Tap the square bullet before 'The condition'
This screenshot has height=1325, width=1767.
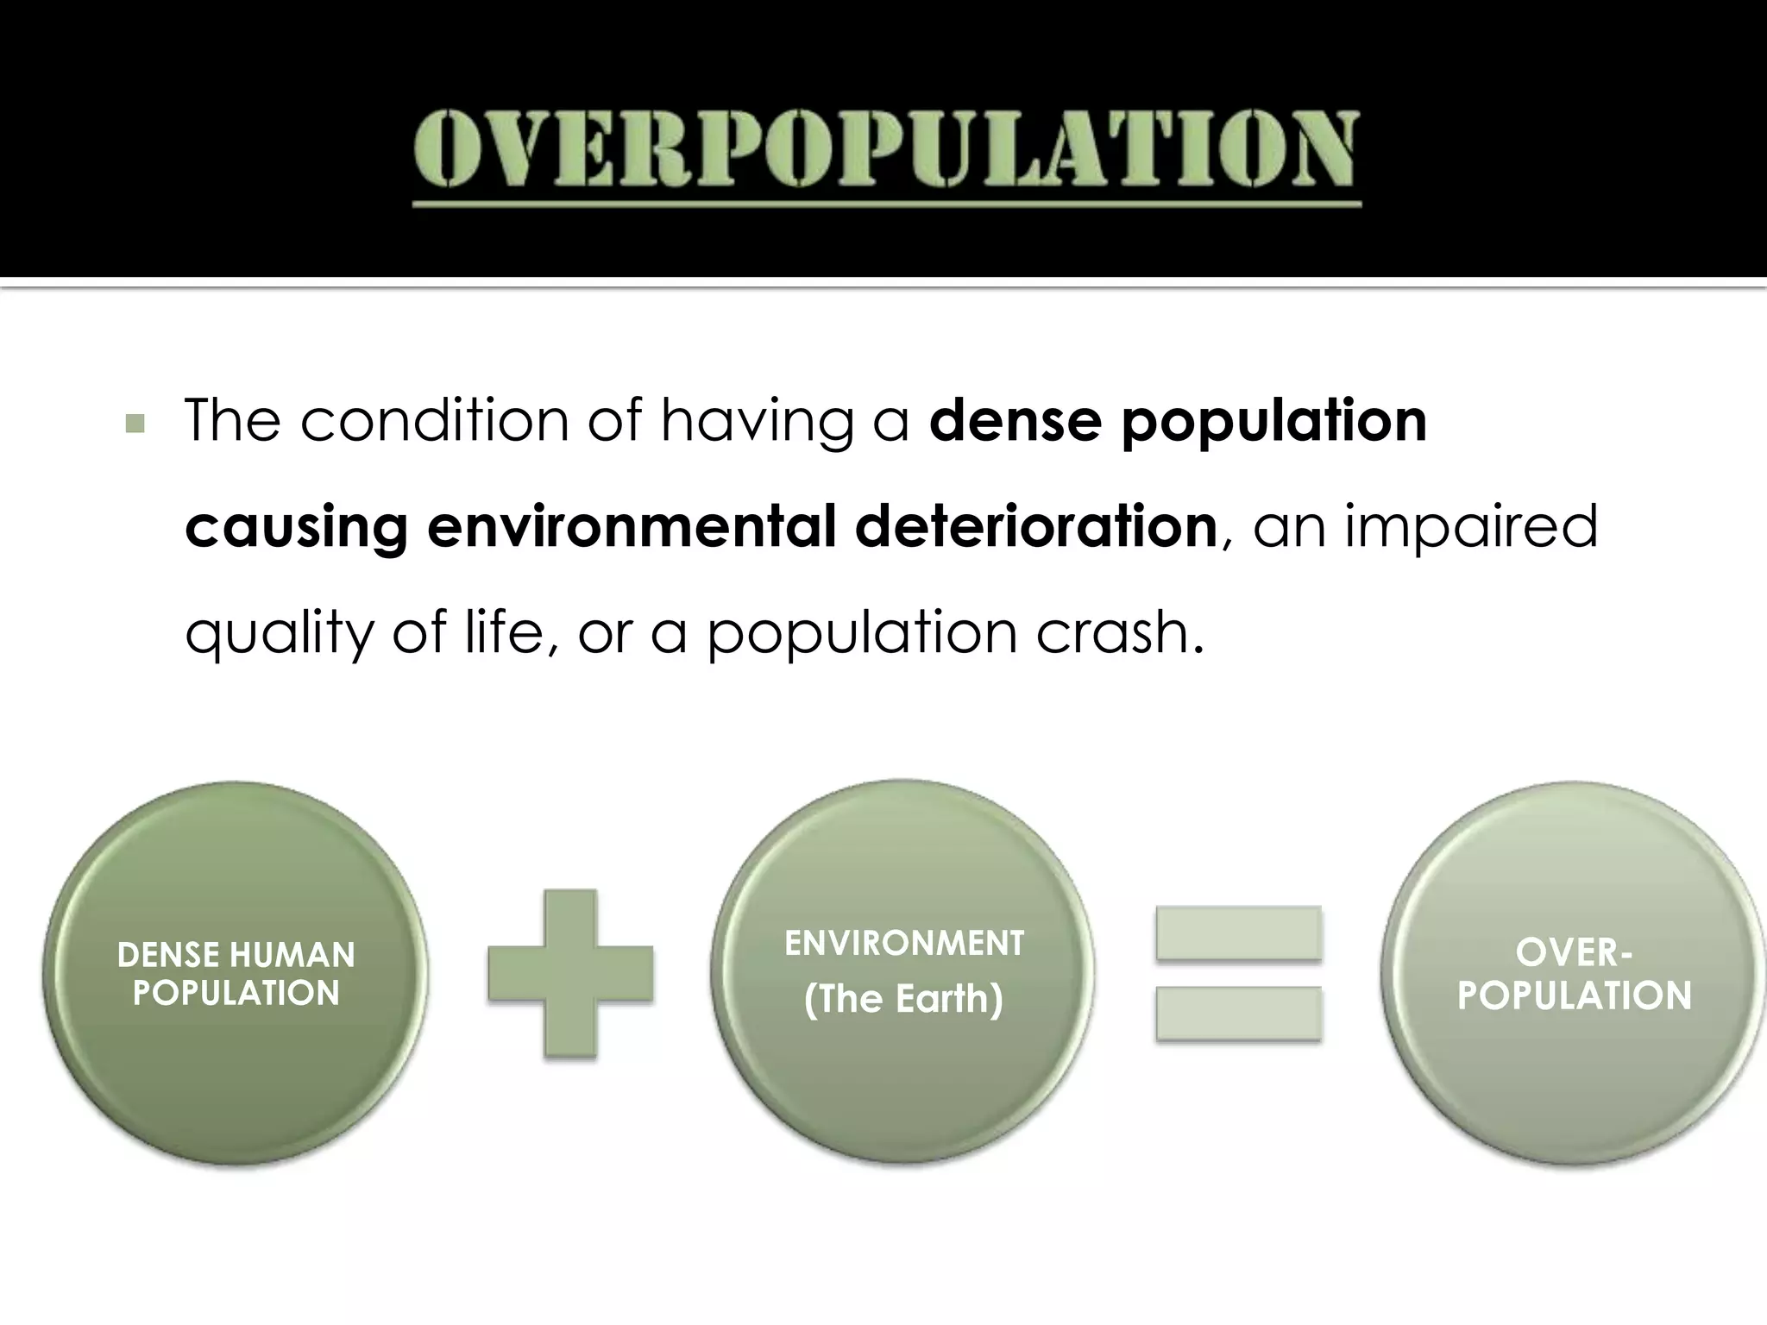tap(135, 424)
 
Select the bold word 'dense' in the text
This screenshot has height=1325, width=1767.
tap(1015, 421)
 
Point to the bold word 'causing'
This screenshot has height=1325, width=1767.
tap(296, 528)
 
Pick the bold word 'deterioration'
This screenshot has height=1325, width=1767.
tap(1035, 527)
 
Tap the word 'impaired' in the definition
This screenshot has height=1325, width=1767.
tap(1470, 528)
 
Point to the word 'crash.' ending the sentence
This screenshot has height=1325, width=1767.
tap(1119, 632)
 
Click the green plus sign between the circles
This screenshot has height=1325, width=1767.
tap(570, 974)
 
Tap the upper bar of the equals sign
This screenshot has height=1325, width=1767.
tap(1239, 933)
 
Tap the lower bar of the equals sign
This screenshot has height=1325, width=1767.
tap(1239, 1014)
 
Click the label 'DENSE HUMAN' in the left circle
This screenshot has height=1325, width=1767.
tap(236, 955)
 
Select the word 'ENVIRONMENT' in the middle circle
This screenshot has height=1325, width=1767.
tap(904, 943)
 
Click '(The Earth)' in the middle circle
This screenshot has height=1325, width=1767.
tap(903, 999)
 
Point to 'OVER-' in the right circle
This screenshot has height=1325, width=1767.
tap(1574, 953)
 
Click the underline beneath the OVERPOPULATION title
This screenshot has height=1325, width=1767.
tap(886, 204)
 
